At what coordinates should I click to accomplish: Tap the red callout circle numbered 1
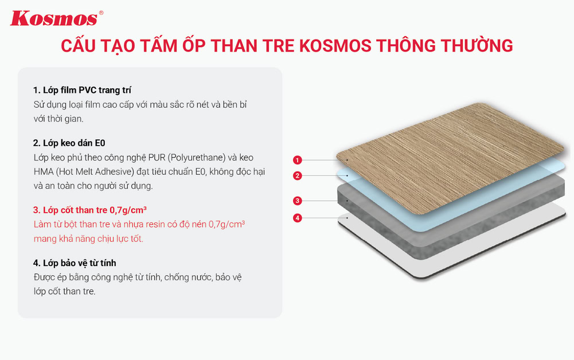point(297,159)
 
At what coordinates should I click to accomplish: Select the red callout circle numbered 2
point(297,176)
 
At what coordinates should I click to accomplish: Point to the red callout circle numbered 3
point(297,201)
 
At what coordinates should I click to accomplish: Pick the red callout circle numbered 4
point(297,218)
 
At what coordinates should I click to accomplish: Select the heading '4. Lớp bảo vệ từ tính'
point(75,263)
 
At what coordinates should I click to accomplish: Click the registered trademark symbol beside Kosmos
point(101,13)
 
